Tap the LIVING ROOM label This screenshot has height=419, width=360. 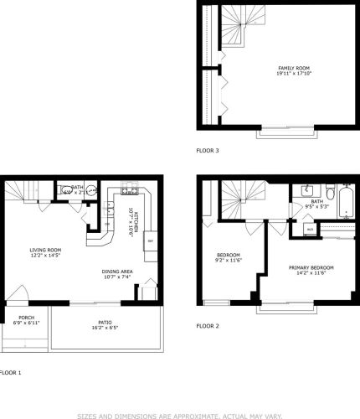(x=46, y=249)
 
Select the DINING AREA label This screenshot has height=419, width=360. (x=117, y=271)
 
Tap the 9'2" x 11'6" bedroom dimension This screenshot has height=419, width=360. (x=229, y=261)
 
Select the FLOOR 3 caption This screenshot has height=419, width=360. (x=208, y=151)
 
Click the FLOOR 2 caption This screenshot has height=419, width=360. (x=208, y=325)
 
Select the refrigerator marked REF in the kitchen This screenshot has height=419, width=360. (x=150, y=241)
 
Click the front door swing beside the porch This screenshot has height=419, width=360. (x=24, y=295)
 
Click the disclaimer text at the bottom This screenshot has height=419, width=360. (x=179, y=414)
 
